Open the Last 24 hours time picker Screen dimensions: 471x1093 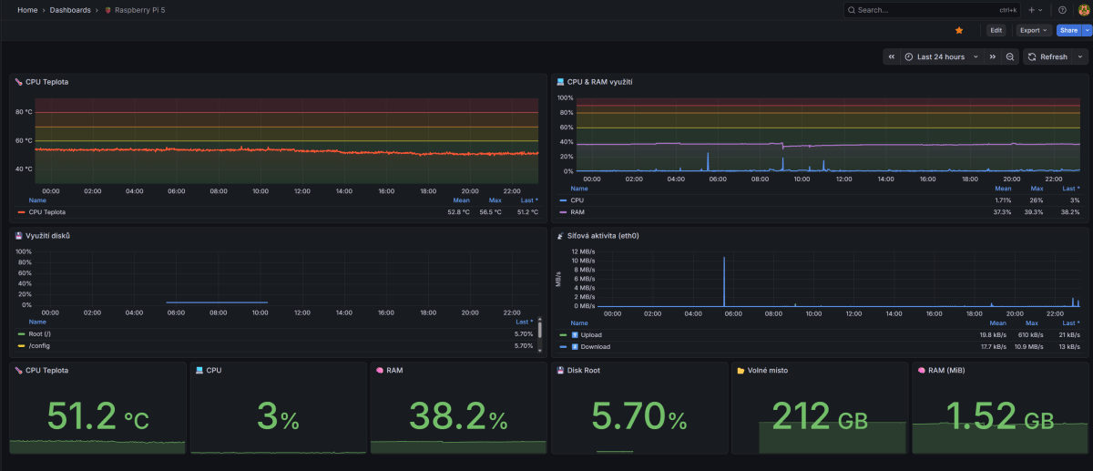(x=940, y=56)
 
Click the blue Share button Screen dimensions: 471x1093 (x=1067, y=30)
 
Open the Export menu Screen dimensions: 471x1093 (x=1033, y=30)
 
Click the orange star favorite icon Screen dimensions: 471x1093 (x=959, y=30)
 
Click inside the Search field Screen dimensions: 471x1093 (x=920, y=10)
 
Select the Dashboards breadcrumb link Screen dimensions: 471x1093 (x=69, y=10)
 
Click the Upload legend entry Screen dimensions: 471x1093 (x=591, y=334)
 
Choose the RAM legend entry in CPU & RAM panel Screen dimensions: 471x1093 (x=577, y=211)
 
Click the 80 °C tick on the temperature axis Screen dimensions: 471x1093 (x=24, y=112)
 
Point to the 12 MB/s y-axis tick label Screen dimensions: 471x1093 (x=582, y=251)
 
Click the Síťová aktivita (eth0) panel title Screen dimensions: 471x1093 (x=604, y=235)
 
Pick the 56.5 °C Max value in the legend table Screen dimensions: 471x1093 (x=490, y=211)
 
